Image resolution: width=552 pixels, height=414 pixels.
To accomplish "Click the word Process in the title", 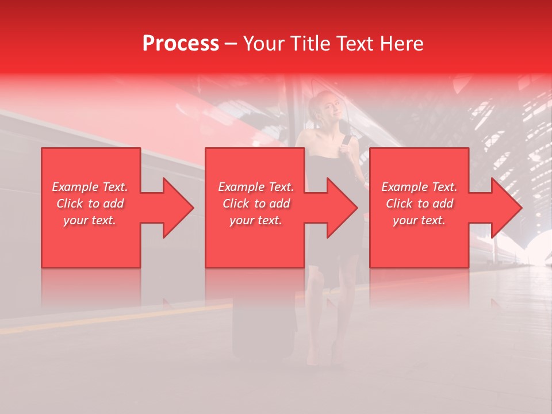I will pyautogui.click(x=181, y=44).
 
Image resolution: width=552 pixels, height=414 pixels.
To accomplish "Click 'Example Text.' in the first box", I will pyautogui.click(x=90, y=187).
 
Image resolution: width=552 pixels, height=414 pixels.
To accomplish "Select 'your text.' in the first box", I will pyautogui.click(x=90, y=220).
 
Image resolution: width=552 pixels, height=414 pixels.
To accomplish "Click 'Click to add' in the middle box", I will pyautogui.click(x=256, y=204).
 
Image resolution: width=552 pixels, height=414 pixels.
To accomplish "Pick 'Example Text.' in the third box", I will pyautogui.click(x=419, y=187).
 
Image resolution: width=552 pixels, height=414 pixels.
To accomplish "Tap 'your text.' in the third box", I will pyautogui.click(x=419, y=220).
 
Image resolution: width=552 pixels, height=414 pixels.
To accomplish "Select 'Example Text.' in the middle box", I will pyautogui.click(x=256, y=187).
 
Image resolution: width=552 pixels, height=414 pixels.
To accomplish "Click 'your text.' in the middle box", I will pyautogui.click(x=256, y=220).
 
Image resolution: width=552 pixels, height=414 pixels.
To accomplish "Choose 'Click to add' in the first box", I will pyautogui.click(x=90, y=204).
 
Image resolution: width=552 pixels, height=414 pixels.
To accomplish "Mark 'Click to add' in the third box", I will pyautogui.click(x=419, y=204).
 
